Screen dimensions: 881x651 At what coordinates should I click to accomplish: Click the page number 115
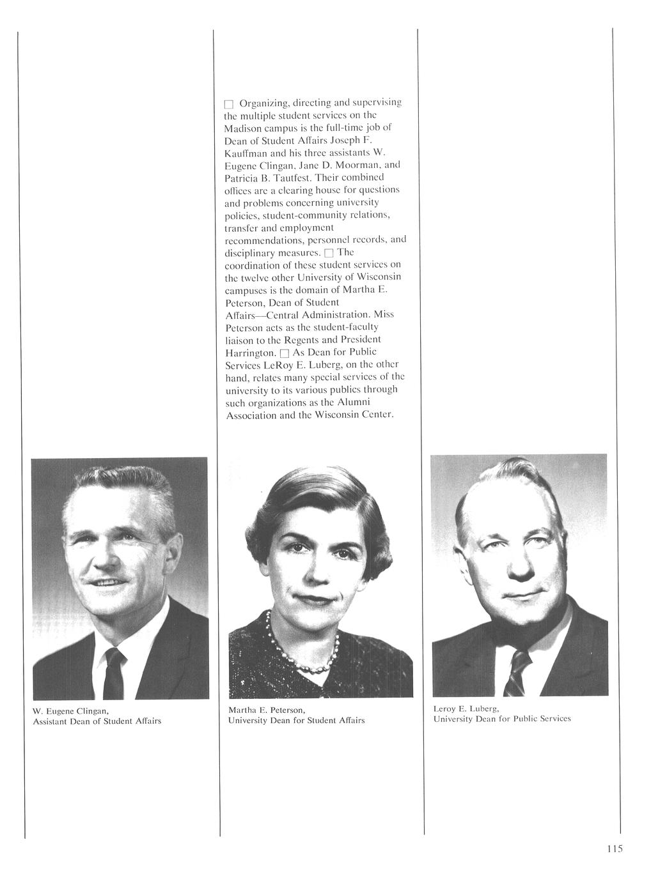[x=615, y=848]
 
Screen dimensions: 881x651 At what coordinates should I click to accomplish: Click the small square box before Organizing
[x=230, y=103]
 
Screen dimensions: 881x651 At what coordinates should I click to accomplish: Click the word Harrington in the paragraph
[x=251, y=353]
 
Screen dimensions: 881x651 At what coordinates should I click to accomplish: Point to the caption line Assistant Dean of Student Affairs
[x=97, y=721]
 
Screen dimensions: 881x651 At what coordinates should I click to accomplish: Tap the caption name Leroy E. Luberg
[x=466, y=709]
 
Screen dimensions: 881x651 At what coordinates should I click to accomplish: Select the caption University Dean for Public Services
[x=501, y=719]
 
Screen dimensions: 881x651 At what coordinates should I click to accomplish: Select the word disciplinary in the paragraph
[x=251, y=253]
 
